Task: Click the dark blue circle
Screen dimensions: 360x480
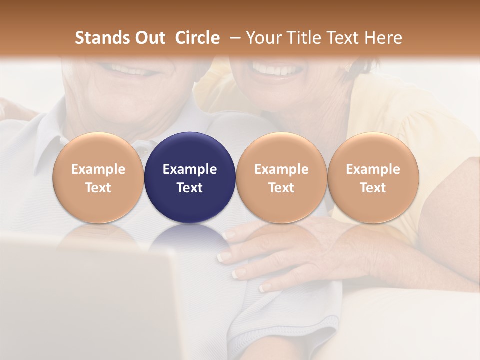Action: click(190, 177)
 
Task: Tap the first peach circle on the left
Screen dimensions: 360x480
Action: click(98, 177)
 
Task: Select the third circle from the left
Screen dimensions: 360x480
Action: click(281, 177)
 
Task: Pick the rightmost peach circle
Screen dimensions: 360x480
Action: click(373, 177)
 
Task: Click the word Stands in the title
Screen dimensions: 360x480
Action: click(102, 38)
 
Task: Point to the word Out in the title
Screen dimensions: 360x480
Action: click(149, 38)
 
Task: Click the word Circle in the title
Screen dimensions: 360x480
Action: click(197, 38)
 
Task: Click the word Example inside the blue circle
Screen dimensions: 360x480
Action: click(190, 169)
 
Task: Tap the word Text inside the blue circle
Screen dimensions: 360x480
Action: click(190, 188)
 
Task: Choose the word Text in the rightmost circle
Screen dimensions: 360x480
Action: click(373, 188)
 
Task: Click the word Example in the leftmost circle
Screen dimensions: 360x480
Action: click(98, 169)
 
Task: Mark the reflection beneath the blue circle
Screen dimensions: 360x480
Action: click(190, 235)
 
